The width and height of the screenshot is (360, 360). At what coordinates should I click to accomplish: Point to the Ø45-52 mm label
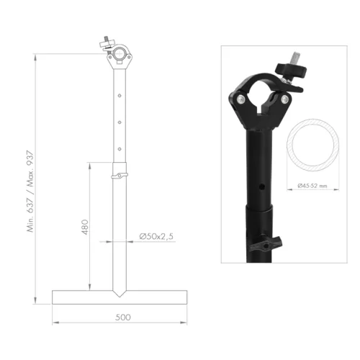[312, 186]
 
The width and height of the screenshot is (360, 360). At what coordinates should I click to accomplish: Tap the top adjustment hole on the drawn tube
[119, 93]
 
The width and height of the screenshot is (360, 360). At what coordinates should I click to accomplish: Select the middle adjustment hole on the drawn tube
[119, 121]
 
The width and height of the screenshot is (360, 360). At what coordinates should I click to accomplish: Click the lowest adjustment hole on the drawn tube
[119, 148]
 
